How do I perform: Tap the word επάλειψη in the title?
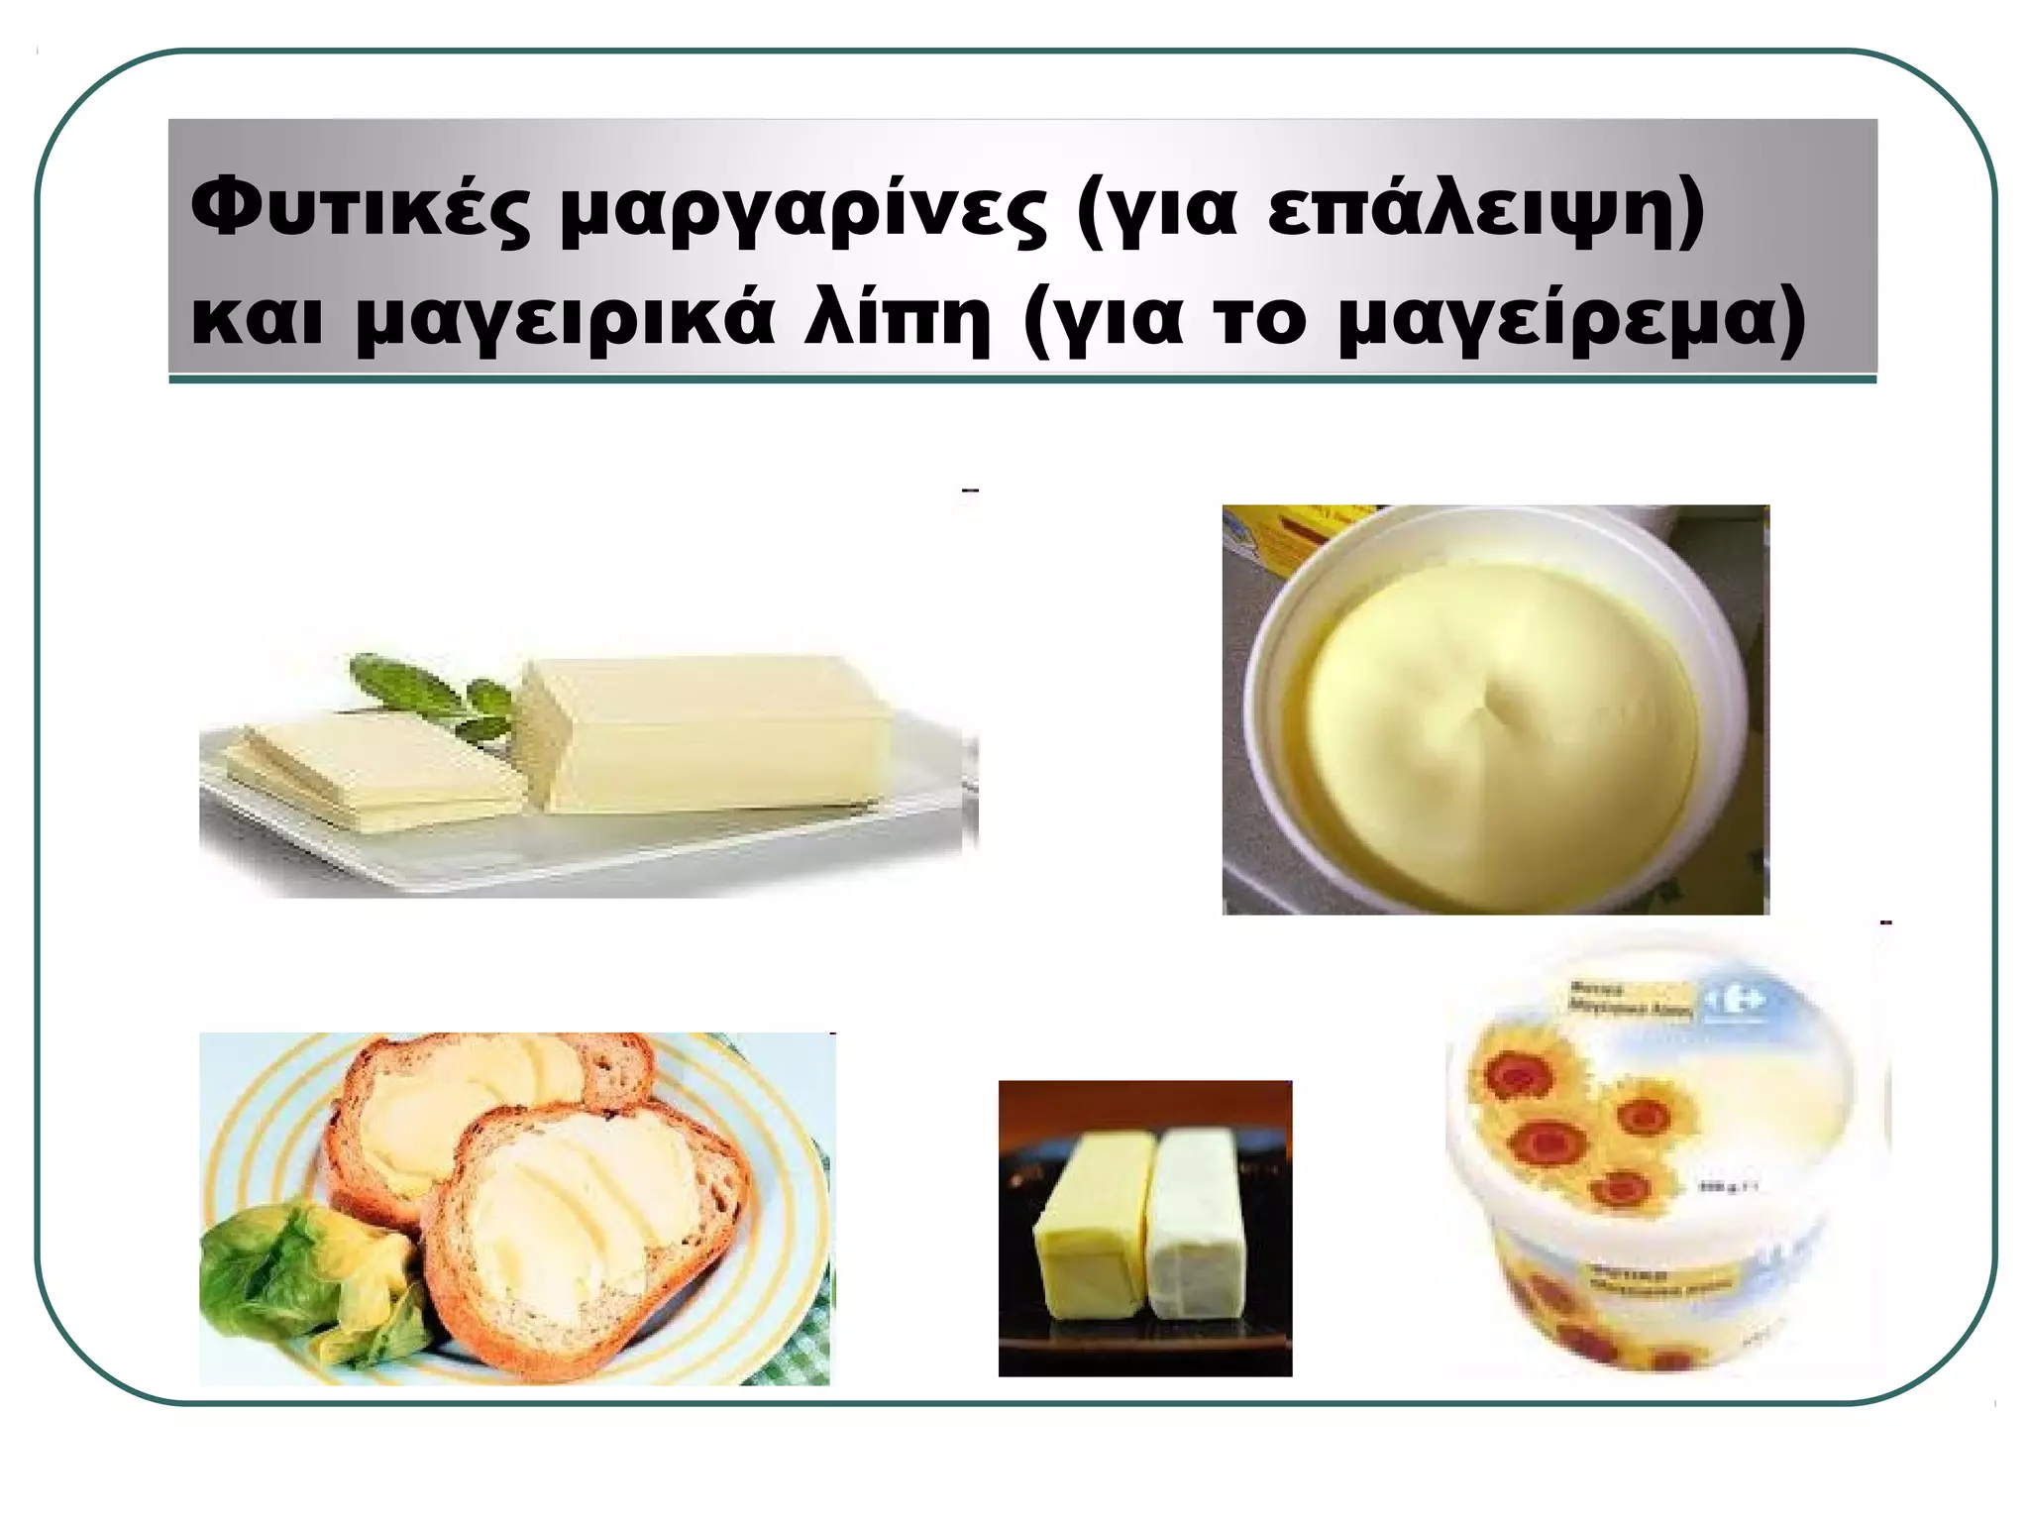pyautogui.click(x=1483, y=209)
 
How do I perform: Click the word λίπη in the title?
pyautogui.click(x=897, y=320)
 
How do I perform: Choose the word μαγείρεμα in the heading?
pyautogui.click(x=1570, y=320)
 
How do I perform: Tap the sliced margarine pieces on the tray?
pyautogui.click(x=372, y=778)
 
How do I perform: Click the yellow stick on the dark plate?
pyautogui.click(x=1090, y=1229)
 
